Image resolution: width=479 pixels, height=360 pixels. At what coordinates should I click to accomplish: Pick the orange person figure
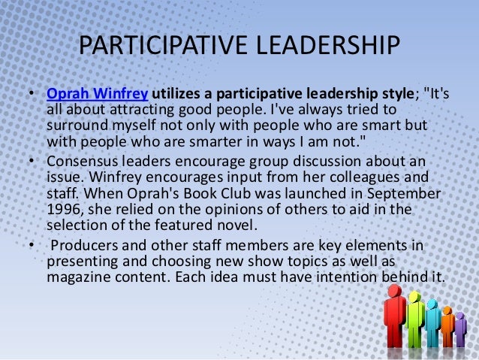(447, 327)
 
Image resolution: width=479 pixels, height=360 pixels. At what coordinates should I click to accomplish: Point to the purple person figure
(460, 331)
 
